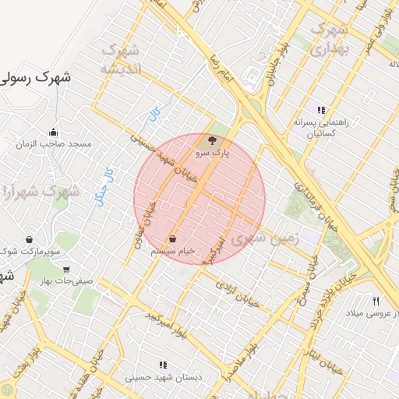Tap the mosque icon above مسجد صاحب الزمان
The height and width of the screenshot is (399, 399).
pos(53,132)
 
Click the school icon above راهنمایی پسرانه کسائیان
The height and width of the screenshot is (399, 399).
pos(321,109)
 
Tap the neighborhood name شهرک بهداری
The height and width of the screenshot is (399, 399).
pos(329,39)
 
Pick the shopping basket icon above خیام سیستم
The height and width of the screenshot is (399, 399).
pos(172,238)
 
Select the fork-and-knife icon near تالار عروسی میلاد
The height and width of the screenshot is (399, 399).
pos(376,300)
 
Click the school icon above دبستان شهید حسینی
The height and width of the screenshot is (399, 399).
pos(162,364)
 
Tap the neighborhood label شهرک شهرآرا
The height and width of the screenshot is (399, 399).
pos(34,192)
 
